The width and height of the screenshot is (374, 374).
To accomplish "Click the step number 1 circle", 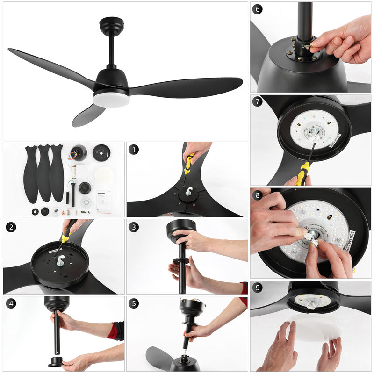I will [134, 150].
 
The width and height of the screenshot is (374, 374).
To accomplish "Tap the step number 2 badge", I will [11, 227].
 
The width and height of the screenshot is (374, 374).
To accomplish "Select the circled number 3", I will [134, 227].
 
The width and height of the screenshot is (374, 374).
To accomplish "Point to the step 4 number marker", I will [11, 304].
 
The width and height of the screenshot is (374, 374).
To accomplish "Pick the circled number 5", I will [134, 304].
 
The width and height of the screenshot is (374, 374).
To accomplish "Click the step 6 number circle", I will [258, 10].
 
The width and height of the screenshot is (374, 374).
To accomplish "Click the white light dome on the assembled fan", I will [111, 99].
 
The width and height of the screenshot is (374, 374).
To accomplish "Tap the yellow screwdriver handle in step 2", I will [66, 233].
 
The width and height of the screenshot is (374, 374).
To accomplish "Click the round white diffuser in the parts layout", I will [104, 175].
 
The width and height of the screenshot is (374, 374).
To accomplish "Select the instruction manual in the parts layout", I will [104, 201].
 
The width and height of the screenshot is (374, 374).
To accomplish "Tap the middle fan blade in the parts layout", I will [44, 173].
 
